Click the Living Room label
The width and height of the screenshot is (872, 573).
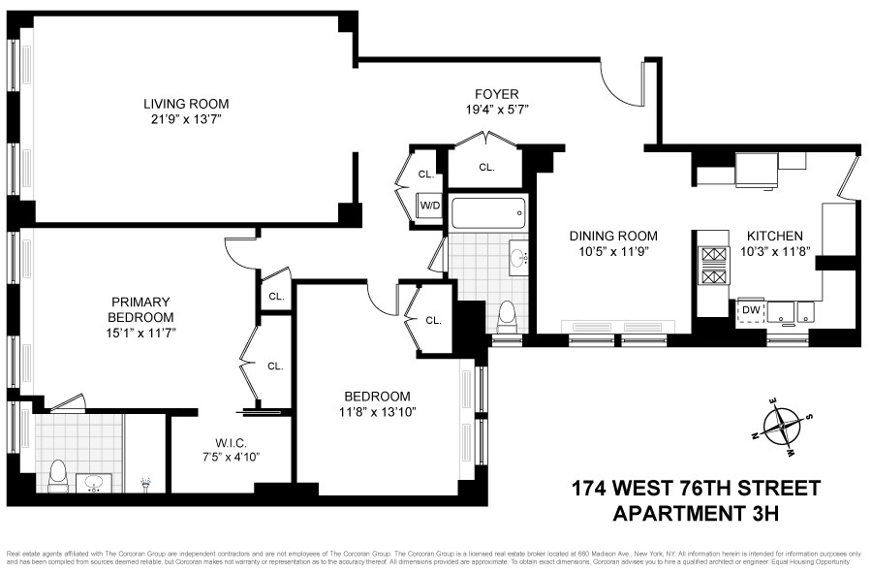point(186,104)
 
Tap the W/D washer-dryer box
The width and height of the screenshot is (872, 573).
point(429,206)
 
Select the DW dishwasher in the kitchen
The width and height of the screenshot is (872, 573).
point(750,310)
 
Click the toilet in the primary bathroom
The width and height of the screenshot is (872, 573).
point(57,474)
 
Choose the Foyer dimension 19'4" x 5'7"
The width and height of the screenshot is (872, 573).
point(497,110)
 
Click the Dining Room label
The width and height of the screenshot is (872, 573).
point(613,236)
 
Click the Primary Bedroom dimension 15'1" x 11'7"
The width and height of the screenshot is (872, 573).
point(140,333)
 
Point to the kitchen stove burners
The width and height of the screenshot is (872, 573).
point(713,266)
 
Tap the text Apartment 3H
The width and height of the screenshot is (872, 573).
point(696,511)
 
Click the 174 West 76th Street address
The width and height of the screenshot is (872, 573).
point(695,487)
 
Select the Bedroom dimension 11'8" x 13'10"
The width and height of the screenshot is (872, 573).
point(377,412)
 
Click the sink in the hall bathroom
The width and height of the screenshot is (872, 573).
point(516,258)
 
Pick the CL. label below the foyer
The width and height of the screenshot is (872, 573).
point(485,167)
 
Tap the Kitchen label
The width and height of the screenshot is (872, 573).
point(774,236)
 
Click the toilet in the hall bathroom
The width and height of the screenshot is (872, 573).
point(505,315)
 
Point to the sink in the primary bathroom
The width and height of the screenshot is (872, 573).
point(95,482)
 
